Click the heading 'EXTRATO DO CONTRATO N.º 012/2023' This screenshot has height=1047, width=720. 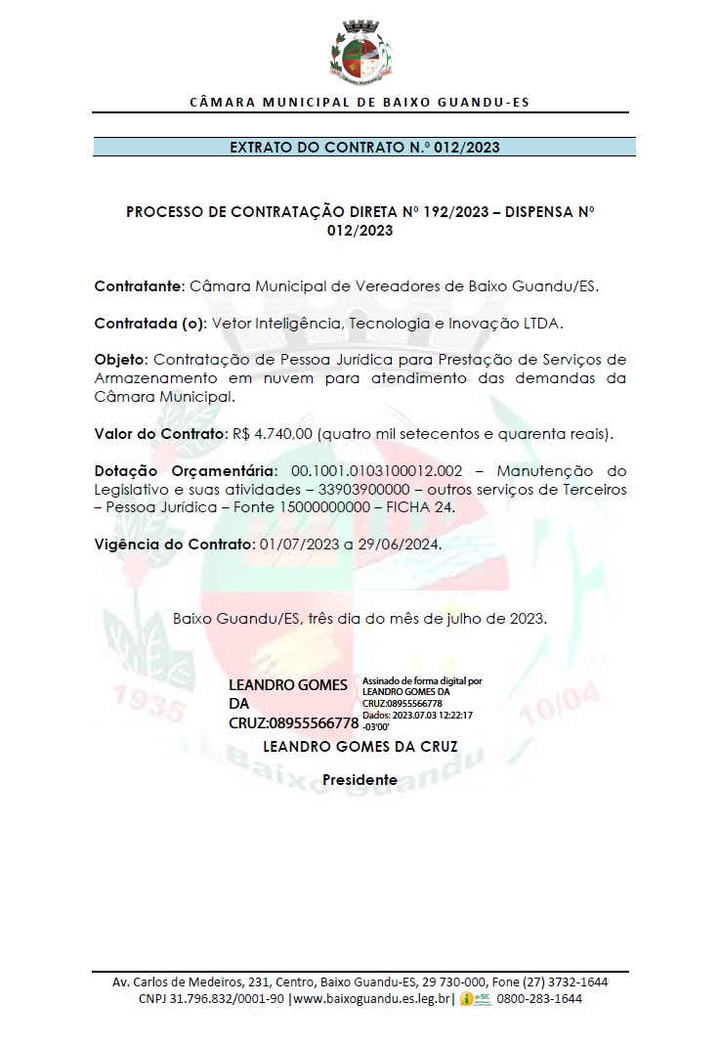364,148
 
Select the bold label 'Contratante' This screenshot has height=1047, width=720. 138,286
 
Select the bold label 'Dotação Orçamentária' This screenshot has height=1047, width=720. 186,469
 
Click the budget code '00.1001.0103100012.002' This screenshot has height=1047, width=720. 376,469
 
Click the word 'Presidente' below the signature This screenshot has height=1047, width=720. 360,780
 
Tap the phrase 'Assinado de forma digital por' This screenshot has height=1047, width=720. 421,679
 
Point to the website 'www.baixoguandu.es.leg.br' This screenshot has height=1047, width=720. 371,999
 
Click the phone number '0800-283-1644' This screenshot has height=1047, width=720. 539,999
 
